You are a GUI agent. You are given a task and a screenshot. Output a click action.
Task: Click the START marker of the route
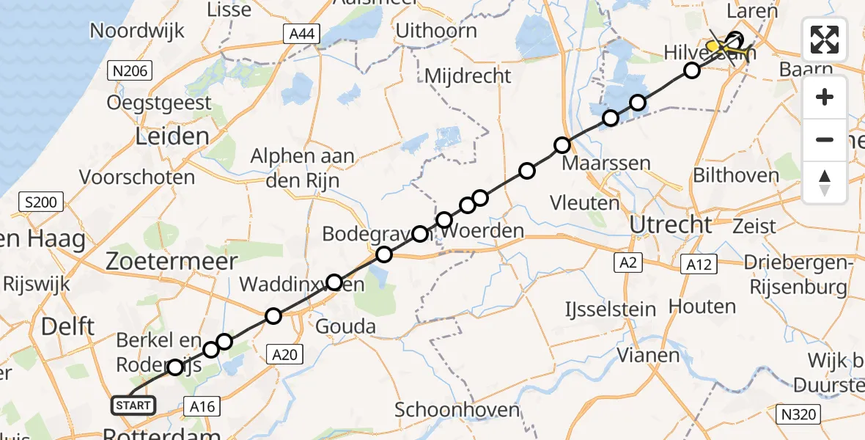133,405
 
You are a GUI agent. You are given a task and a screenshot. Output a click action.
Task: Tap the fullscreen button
825,40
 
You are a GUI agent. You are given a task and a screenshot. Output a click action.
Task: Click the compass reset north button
825,182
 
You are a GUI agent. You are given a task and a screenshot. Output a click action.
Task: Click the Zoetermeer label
172,261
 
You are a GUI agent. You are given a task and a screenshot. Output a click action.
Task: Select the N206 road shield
130,71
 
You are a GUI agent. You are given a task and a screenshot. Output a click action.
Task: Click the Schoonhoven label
457,410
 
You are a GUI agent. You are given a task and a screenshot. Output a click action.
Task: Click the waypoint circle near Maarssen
562,145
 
